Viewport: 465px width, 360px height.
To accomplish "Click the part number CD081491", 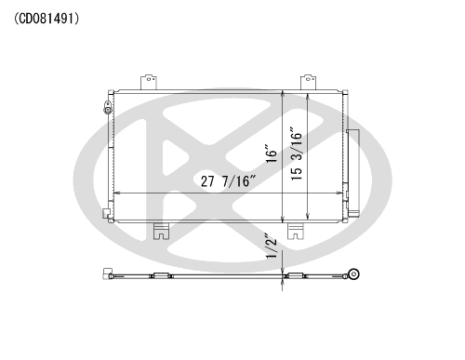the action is [46, 19].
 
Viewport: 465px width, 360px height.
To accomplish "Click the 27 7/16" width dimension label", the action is [229, 181].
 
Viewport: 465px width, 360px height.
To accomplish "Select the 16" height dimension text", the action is [271, 153].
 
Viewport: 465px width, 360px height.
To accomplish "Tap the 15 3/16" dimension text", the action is [297, 153].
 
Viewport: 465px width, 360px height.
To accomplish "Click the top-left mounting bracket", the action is [149, 82].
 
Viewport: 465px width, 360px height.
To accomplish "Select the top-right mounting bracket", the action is [308, 82].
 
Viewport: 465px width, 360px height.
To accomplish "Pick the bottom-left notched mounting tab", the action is [162, 231].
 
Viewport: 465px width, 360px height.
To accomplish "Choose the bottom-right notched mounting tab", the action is [296, 231].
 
